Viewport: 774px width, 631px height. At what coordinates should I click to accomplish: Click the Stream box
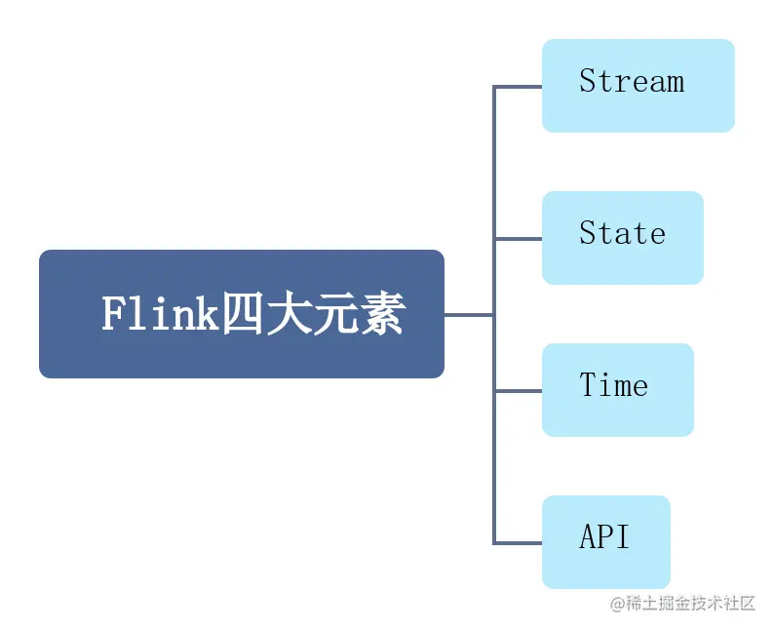(638, 86)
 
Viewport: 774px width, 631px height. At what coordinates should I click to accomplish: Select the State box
(622, 238)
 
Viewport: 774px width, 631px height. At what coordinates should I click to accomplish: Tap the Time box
(617, 390)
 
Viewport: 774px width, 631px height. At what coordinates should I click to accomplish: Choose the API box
(605, 541)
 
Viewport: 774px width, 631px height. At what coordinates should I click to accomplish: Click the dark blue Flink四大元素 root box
(241, 314)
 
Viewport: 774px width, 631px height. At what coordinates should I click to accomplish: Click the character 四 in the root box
(242, 315)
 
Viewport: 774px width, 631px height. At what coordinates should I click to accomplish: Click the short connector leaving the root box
(469, 315)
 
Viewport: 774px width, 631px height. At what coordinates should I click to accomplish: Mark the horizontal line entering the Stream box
(518, 87)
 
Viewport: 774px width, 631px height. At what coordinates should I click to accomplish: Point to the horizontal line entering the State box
(518, 239)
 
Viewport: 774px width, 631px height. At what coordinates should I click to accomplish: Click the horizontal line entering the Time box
(518, 391)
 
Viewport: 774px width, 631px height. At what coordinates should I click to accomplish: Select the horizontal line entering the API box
(518, 542)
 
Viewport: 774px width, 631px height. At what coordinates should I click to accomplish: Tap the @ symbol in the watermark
(617, 604)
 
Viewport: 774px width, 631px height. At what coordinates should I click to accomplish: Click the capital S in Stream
(588, 81)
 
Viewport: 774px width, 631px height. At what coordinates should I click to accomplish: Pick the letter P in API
(604, 536)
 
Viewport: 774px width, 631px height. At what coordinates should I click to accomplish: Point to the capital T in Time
(588, 385)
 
